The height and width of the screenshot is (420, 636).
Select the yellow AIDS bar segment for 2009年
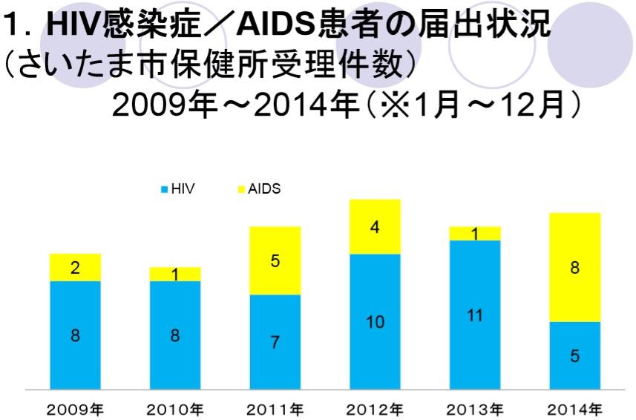[75, 267]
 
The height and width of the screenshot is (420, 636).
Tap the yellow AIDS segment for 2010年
[175, 274]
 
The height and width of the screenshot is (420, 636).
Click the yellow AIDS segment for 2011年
[275, 260]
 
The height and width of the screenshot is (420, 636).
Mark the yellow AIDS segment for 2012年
[375, 226]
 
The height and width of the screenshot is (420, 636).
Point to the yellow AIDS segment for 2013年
[475, 233]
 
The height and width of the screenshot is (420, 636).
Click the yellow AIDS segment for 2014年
[574, 267]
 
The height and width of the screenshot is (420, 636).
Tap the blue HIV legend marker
[165, 190]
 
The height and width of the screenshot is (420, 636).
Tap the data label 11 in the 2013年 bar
[475, 315]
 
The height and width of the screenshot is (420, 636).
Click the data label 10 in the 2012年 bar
[375, 322]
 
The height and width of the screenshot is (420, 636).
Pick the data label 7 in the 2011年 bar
[275, 343]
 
